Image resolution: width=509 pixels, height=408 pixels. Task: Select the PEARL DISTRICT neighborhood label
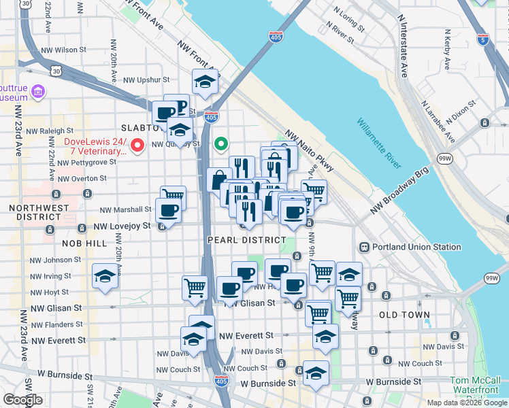tap(246, 240)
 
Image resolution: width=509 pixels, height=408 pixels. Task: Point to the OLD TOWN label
tap(404, 315)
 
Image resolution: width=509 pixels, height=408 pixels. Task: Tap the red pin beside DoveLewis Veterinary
tap(137, 144)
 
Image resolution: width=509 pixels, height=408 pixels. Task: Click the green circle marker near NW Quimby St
tap(220, 143)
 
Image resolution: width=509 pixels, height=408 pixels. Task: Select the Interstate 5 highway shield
tap(483, 39)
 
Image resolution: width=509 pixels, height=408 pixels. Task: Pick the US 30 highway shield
tap(56, 69)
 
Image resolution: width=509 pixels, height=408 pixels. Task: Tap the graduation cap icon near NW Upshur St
tap(204, 81)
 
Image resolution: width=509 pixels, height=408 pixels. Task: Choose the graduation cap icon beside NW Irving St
tap(104, 275)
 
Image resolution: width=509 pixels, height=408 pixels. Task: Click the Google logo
tap(22, 400)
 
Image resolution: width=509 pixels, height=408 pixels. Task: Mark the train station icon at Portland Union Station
tap(364, 247)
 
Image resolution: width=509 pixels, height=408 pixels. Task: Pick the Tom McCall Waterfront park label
tap(478, 386)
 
